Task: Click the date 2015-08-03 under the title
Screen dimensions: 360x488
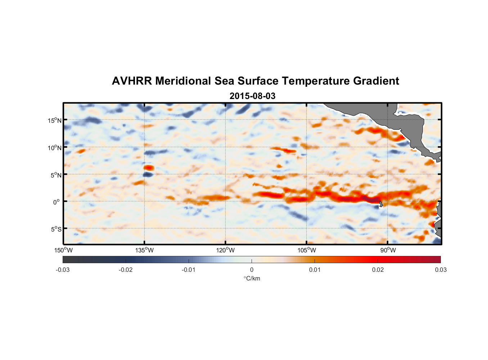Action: click(x=252, y=96)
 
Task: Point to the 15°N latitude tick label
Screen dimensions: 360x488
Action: click(x=55, y=120)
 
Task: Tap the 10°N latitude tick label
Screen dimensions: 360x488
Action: click(x=55, y=148)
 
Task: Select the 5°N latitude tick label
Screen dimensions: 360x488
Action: click(x=56, y=175)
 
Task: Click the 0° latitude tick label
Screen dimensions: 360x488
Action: click(x=57, y=202)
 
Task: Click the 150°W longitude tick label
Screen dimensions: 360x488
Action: click(x=63, y=250)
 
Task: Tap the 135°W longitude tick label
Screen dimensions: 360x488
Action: click(x=144, y=250)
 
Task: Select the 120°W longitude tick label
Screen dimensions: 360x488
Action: click(x=226, y=250)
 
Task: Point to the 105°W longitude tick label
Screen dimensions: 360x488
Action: click(x=307, y=250)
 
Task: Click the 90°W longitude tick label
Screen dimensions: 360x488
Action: click(x=388, y=250)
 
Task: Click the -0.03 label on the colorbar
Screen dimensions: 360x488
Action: click(x=63, y=270)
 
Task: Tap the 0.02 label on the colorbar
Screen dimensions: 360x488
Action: click(x=378, y=270)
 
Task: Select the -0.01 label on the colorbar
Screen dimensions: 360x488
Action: click(x=189, y=270)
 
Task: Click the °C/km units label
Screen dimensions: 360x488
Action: click(x=252, y=278)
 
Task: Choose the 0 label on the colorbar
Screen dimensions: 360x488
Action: click(x=252, y=270)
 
